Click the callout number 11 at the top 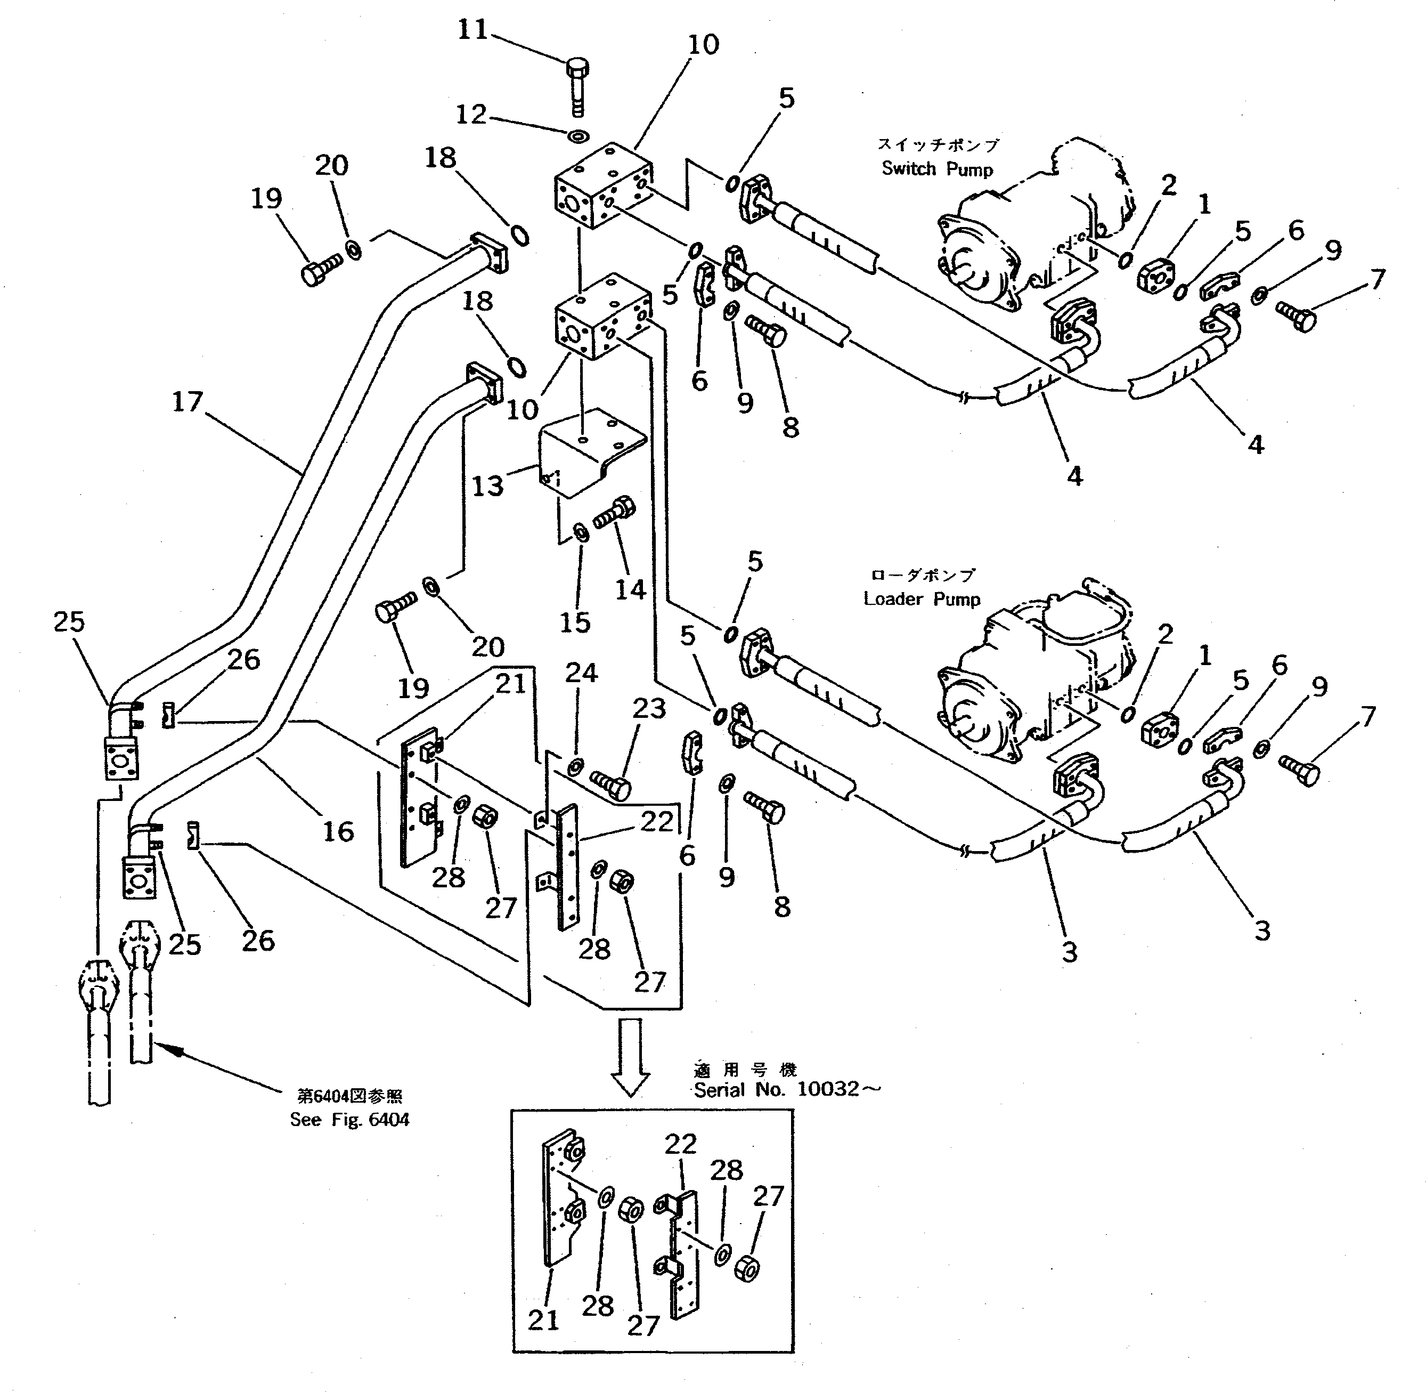471,30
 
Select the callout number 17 187,401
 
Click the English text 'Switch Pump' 937,169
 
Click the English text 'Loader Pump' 921,599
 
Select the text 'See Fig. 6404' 349,1119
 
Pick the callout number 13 487,485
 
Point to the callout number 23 649,708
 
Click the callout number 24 581,673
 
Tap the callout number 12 471,114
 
